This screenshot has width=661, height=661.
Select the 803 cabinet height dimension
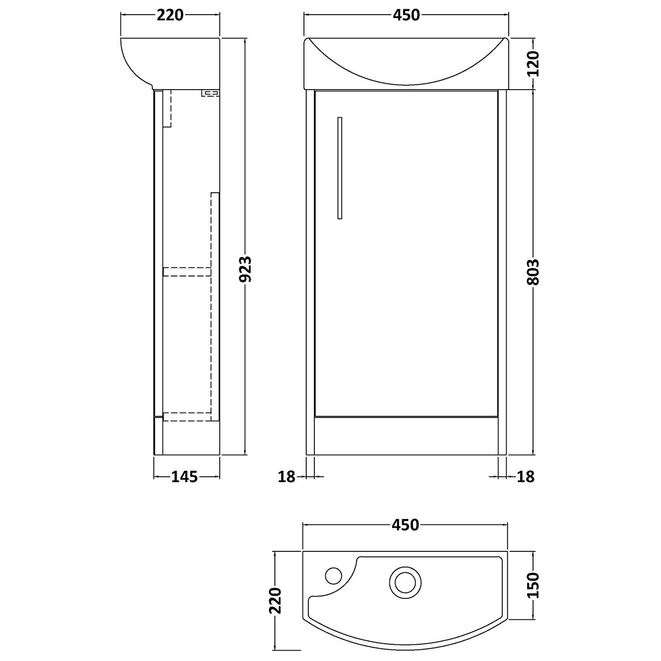click(x=533, y=272)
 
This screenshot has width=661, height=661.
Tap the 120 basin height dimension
click(x=533, y=63)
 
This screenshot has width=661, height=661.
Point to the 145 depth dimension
click(x=185, y=476)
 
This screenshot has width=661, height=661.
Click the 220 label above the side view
click(x=170, y=15)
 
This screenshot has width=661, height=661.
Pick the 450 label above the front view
click(x=406, y=15)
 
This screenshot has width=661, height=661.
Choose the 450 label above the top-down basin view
click(x=406, y=524)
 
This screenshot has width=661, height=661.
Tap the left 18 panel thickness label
click(x=287, y=476)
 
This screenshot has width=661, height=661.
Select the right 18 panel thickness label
click(x=525, y=476)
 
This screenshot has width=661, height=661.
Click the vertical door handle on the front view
click(x=339, y=168)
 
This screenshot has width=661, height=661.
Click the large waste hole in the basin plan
click(x=403, y=582)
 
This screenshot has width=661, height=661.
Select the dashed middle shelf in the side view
click(x=186, y=272)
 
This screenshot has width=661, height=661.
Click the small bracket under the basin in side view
click(x=211, y=93)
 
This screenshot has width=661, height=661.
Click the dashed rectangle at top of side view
click(x=167, y=108)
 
